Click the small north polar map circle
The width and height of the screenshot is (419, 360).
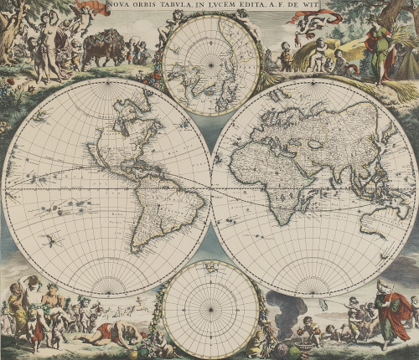click(x=210, y=66)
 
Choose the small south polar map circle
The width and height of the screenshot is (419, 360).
click(x=210, y=309)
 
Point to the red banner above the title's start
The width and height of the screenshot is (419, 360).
click(x=92, y=8)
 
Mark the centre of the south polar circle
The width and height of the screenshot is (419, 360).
click(x=210, y=309)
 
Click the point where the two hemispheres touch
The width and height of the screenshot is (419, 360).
click(x=210, y=187)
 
